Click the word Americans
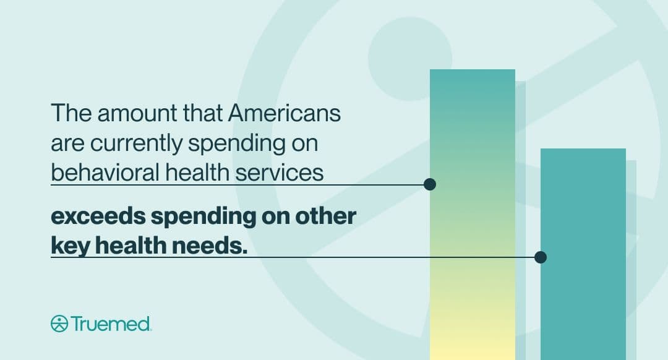(x=284, y=113)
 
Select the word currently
(x=136, y=145)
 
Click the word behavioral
(x=105, y=173)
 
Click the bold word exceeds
(x=98, y=216)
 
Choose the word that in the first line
(x=203, y=113)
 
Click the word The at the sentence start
(x=71, y=113)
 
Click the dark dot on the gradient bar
(x=430, y=184)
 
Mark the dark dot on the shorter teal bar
(x=541, y=257)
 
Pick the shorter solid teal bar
(x=583, y=254)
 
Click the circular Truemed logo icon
(x=59, y=324)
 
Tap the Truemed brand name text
(x=111, y=324)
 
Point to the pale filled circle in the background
(x=410, y=59)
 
